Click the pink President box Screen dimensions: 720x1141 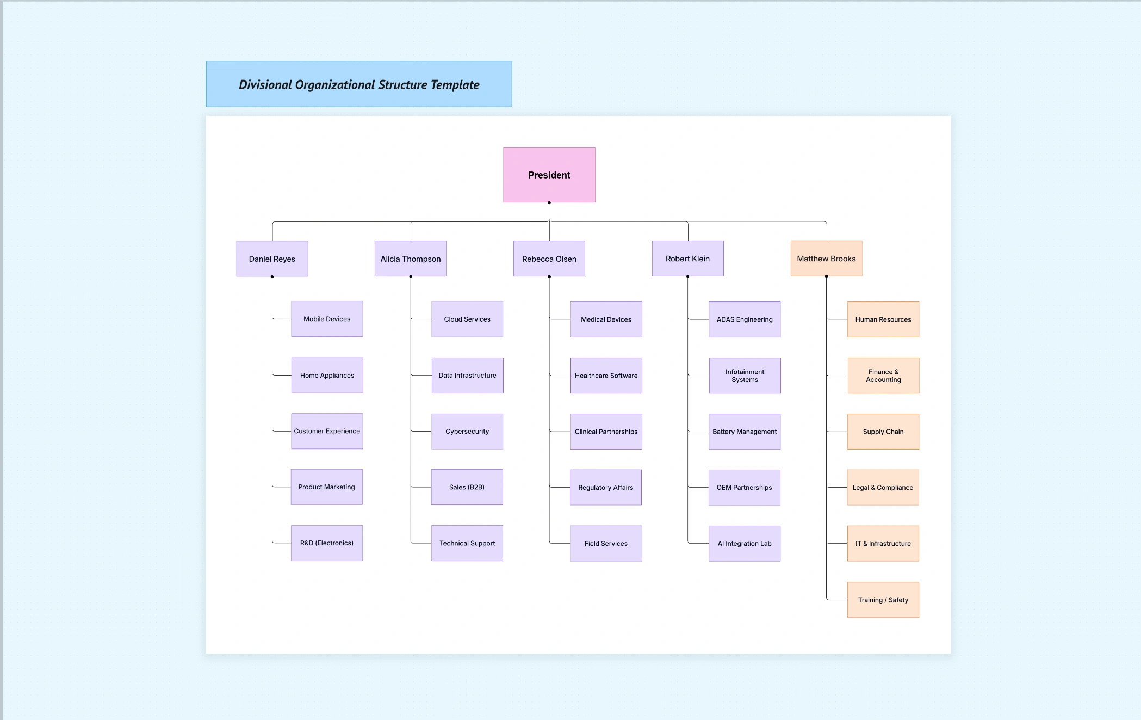click(x=549, y=175)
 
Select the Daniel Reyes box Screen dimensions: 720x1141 click(x=272, y=259)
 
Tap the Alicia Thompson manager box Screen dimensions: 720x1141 click(x=410, y=259)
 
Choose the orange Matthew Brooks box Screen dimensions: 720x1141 click(x=826, y=258)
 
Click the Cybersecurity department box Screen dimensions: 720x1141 click(x=467, y=431)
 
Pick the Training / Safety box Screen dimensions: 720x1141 click(x=883, y=600)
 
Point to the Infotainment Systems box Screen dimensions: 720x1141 click(x=744, y=376)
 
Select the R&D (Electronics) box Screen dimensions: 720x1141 click(x=326, y=543)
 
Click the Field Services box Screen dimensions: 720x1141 click(x=605, y=543)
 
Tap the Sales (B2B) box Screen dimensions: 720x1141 click(x=466, y=487)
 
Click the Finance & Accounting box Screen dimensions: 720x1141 click(x=883, y=376)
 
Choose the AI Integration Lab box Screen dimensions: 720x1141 click(x=744, y=543)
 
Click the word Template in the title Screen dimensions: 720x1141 click(x=455, y=85)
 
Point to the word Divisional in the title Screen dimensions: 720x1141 click(x=265, y=85)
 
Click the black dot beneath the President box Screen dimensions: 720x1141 click(x=549, y=203)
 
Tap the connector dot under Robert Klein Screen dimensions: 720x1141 click(x=687, y=276)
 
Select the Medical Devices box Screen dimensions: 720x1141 click(x=605, y=319)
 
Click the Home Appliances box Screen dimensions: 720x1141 click(x=327, y=375)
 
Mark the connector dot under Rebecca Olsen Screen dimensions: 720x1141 click(x=549, y=276)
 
